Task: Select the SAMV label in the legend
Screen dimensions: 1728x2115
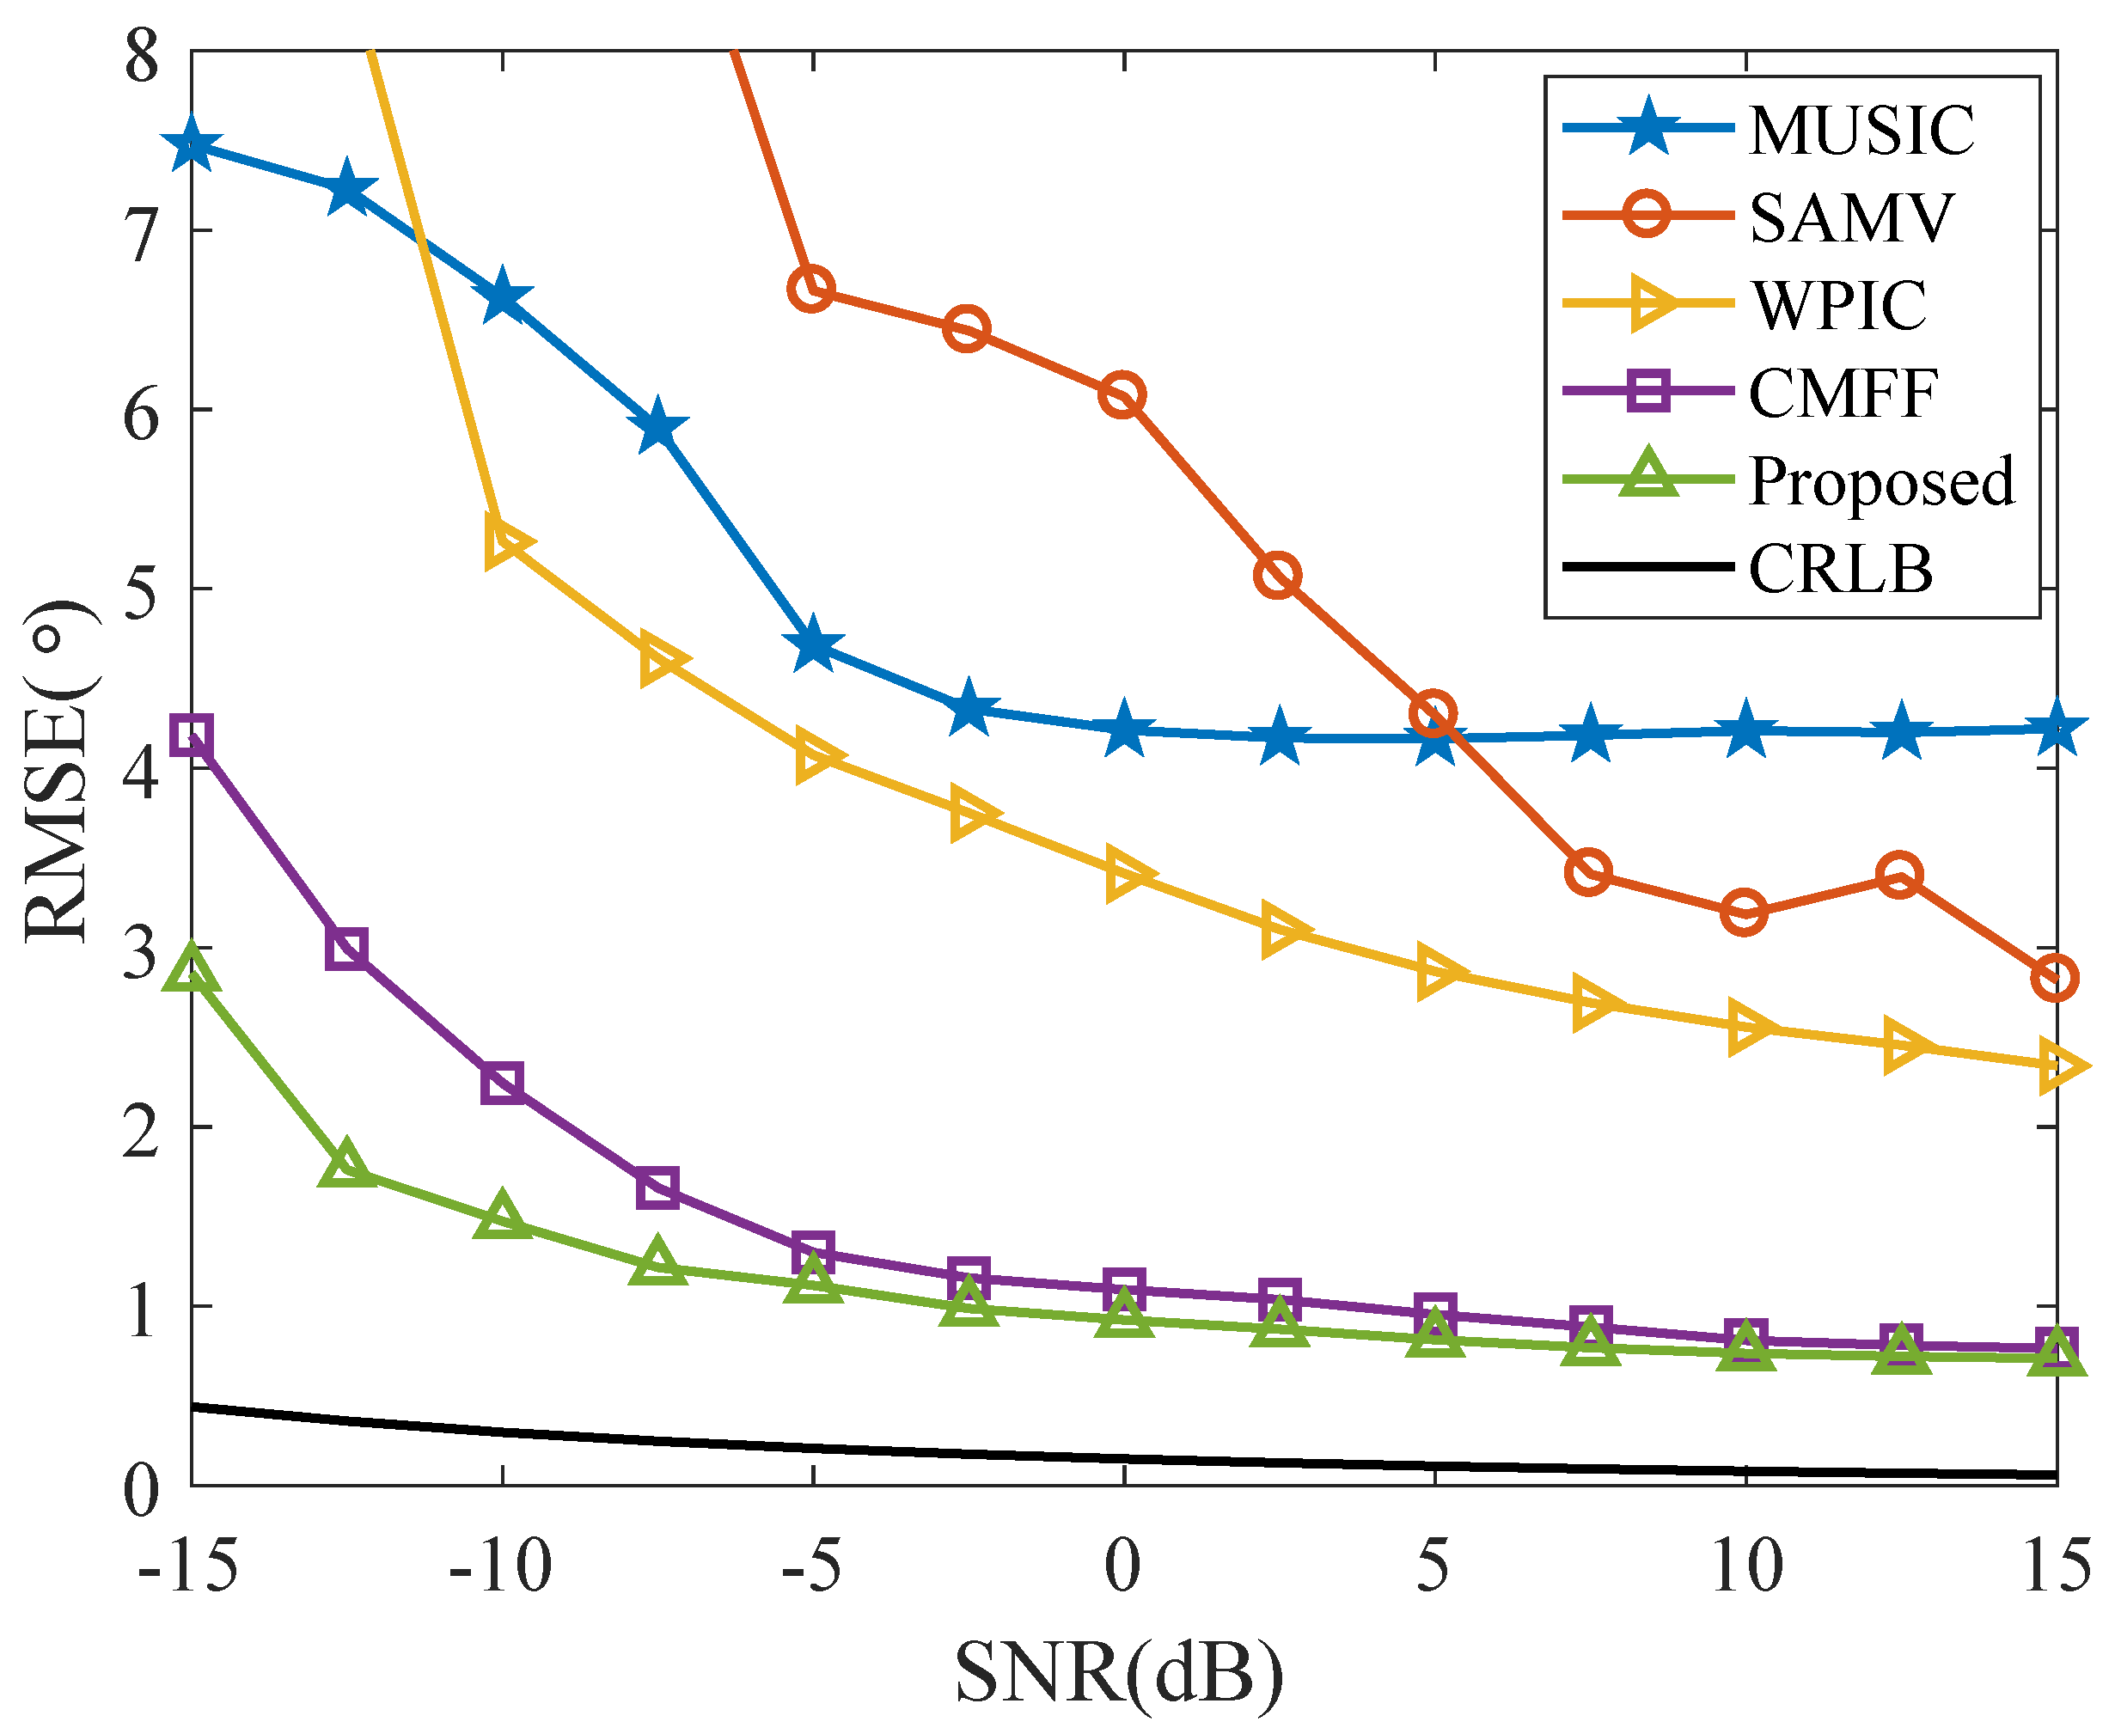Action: point(1851,218)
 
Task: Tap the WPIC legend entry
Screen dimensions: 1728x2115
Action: point(1839,306)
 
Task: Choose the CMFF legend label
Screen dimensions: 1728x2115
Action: point(1843,394)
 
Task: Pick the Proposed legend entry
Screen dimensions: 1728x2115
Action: point(1881,481)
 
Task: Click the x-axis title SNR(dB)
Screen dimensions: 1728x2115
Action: point(1119,1672)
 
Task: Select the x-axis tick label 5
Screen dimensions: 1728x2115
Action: point(1433,1566)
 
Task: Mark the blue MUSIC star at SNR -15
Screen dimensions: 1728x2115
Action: point(191,146)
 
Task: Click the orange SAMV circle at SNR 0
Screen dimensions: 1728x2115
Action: point(1122,396)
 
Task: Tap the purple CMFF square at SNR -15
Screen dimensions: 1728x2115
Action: point(191,736)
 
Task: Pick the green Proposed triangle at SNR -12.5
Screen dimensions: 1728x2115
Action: point(346,1163)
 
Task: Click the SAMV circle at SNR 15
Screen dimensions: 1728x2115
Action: point(2054,979)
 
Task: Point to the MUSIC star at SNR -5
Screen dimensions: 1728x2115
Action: point(813,645)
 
